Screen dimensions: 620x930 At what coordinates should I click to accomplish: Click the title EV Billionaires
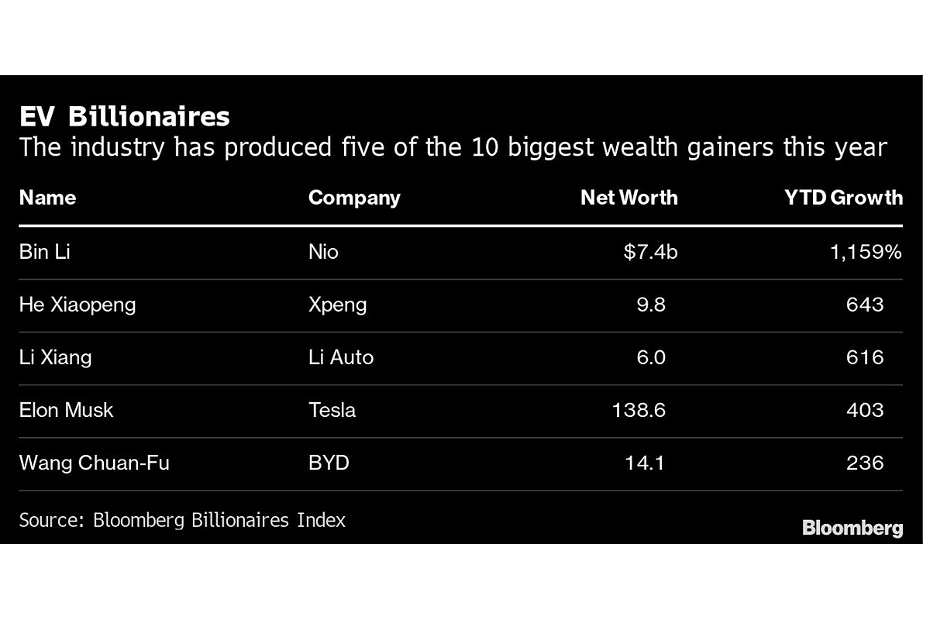[x=125, y=116]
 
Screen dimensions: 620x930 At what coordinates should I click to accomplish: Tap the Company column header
[x=354, y=198]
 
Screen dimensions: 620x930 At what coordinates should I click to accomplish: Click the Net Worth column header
[x=629, y=198]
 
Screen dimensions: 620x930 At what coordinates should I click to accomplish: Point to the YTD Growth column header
[x=843, y=198]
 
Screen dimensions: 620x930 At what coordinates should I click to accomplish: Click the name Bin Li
[x=44, y=252]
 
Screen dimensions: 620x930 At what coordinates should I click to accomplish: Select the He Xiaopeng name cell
[x=77, y=304]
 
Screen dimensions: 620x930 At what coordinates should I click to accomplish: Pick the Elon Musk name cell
[x=66, y=409]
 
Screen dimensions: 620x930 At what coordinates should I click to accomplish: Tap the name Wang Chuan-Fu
[x=95, y=463]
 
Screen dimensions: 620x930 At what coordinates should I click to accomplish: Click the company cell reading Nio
[x=323, y=252]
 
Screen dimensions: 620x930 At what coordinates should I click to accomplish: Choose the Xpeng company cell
[x=337, y=304]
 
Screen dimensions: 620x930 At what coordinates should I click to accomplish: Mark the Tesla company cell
[x=332, y=409]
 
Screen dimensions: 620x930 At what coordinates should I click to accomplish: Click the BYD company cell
[x=329, y=463]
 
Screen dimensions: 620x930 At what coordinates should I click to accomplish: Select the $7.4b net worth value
[x=650, y=252]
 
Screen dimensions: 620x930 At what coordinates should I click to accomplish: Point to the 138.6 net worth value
[x=639, y=409]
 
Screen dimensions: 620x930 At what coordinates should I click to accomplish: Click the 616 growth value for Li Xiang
[x=865, y=356]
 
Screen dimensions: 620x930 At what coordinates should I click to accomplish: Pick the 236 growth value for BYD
[x=865, y=463]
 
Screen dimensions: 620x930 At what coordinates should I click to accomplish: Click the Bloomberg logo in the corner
[x=852, y=528]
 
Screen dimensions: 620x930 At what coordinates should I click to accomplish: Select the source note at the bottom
[x=182, y=519]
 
